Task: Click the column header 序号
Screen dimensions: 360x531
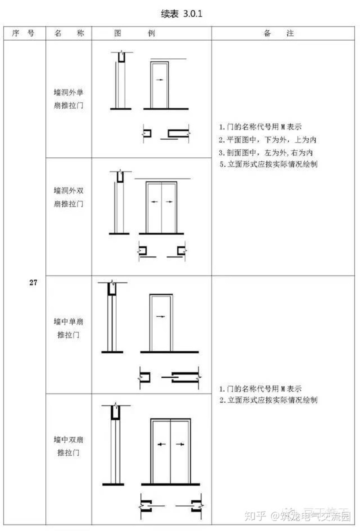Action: (23, 33)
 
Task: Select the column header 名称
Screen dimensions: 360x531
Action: (68, 33)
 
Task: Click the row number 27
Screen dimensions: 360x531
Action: (33, 283)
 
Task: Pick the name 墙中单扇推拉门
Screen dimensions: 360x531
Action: (68, 327)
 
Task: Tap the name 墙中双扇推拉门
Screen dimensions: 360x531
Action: (68, 446)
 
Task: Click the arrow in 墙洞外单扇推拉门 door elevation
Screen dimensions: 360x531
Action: (158, 79)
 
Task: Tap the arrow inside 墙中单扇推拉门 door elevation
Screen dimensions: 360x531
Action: (160, 316)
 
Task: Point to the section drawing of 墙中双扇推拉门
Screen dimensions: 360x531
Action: (114, 445)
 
